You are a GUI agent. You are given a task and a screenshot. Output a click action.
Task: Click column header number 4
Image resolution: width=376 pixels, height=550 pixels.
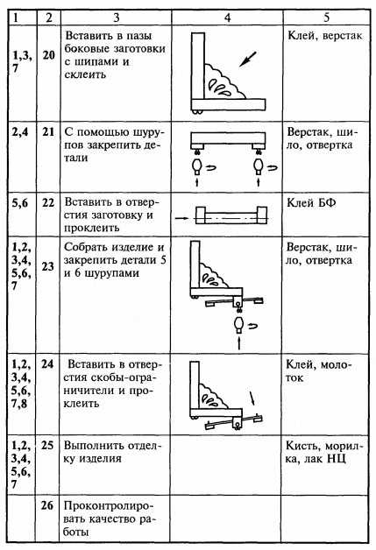[x=228, y=18]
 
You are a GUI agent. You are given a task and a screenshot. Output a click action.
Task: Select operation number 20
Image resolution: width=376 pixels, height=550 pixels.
[x=49, y=55]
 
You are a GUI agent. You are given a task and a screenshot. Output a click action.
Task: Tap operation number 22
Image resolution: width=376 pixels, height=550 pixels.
[x=48, y=202]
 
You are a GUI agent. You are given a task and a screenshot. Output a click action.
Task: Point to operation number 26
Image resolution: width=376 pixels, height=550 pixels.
[x=47, y=505]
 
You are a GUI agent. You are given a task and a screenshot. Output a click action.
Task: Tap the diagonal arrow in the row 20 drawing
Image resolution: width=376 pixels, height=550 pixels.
[x=248, y=59]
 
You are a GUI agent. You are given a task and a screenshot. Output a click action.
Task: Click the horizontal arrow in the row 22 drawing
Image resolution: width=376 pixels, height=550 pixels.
[x=181, y=218]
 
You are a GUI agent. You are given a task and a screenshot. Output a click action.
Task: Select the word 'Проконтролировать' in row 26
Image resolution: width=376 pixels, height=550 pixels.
[x=110, y=513]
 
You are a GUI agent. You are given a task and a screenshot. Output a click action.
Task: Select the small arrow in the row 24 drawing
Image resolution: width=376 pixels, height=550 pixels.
[x=252, y=398]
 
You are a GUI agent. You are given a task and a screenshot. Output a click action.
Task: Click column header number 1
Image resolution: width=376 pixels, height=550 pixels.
[x=15, y=18]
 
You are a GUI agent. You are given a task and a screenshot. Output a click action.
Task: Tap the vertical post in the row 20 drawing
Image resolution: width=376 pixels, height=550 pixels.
[x=198, y=67]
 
